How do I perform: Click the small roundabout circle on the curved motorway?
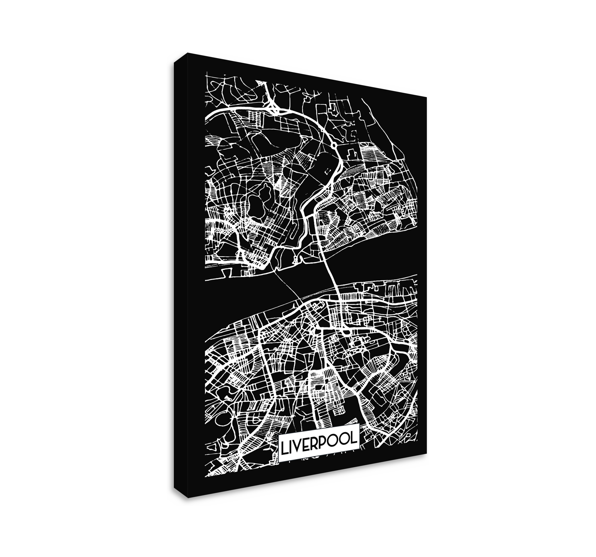coord(334,146)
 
